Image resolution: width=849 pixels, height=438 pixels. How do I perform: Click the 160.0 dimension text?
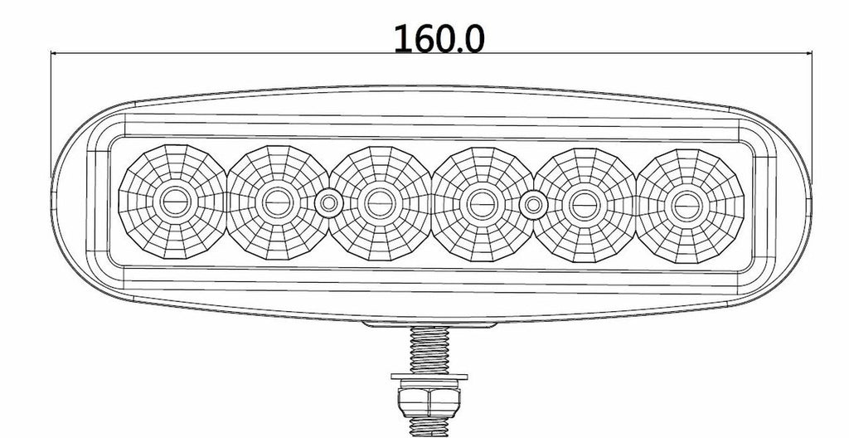pos(439,38)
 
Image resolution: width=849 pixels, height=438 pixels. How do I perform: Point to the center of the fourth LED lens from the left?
pos(482,204)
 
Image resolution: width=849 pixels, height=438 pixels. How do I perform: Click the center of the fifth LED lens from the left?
pos(585,205)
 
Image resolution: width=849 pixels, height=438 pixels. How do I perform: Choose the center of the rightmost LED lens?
pos(688,206)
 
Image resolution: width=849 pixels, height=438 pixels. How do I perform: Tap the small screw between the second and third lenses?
pos(328,204)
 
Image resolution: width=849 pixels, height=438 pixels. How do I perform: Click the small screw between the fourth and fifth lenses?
pos(533,205)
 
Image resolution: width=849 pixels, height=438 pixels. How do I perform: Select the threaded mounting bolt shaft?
pos(429,349)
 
